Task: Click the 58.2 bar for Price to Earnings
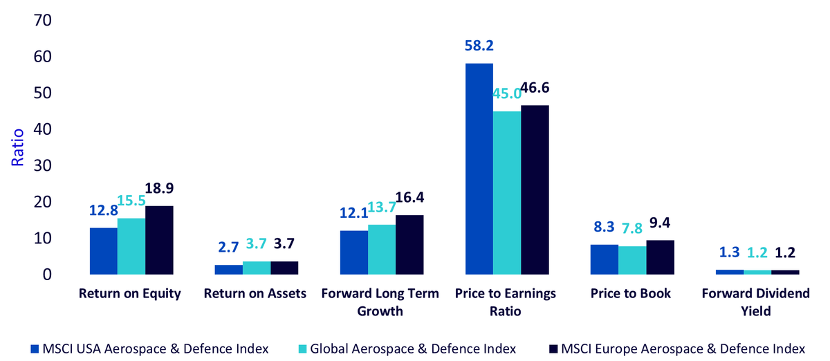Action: [x=479, y=169]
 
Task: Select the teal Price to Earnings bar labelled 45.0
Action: [x=507, y=193]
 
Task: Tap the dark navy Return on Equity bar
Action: [x=159, y=240]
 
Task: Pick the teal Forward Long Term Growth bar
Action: [x=382, y=250]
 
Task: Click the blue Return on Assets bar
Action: [x=229, y=270]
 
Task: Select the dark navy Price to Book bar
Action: [x=661, y=257]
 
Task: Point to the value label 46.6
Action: [x=535, y=88]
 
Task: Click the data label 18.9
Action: [x=159, y=188]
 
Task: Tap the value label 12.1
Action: [x=354, y=213]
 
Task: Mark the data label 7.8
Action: [x=631, y=229]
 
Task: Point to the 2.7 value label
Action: [x=228, y=247]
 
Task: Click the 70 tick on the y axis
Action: [x=43, y=20]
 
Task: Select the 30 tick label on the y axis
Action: [x=43, y=165]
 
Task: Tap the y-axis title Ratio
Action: [x=17, y=147]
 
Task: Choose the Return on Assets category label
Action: [x=255, y=293]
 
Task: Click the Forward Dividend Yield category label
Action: [x=755, y=302]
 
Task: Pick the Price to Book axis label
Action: [x=631, y=293]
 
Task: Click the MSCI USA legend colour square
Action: [x=35, y=349]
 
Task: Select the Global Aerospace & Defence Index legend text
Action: [x=413, y=349]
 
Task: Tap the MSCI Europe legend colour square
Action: [x=553, y=349]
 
